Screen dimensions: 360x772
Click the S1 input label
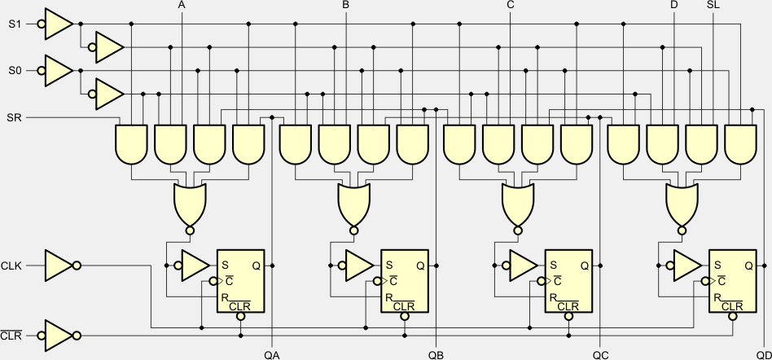pos(14,24)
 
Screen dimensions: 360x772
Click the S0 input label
pos(14,72)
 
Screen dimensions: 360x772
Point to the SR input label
pos(14,118)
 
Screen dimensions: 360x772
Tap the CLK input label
pos(11,265)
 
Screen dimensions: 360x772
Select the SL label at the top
pos(713,6)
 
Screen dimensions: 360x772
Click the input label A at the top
pos(181,6)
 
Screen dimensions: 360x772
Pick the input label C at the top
pos(510,6)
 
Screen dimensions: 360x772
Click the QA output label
pos(272,354)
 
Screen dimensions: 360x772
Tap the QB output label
pos(436,354)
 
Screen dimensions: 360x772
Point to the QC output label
pos(600,354)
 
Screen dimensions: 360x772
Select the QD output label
pos(763,354)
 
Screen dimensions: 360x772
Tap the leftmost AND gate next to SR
pos(131,143)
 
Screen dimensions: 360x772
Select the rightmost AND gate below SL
pos(740,143)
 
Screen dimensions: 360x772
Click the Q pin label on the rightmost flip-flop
pos(748,265)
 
